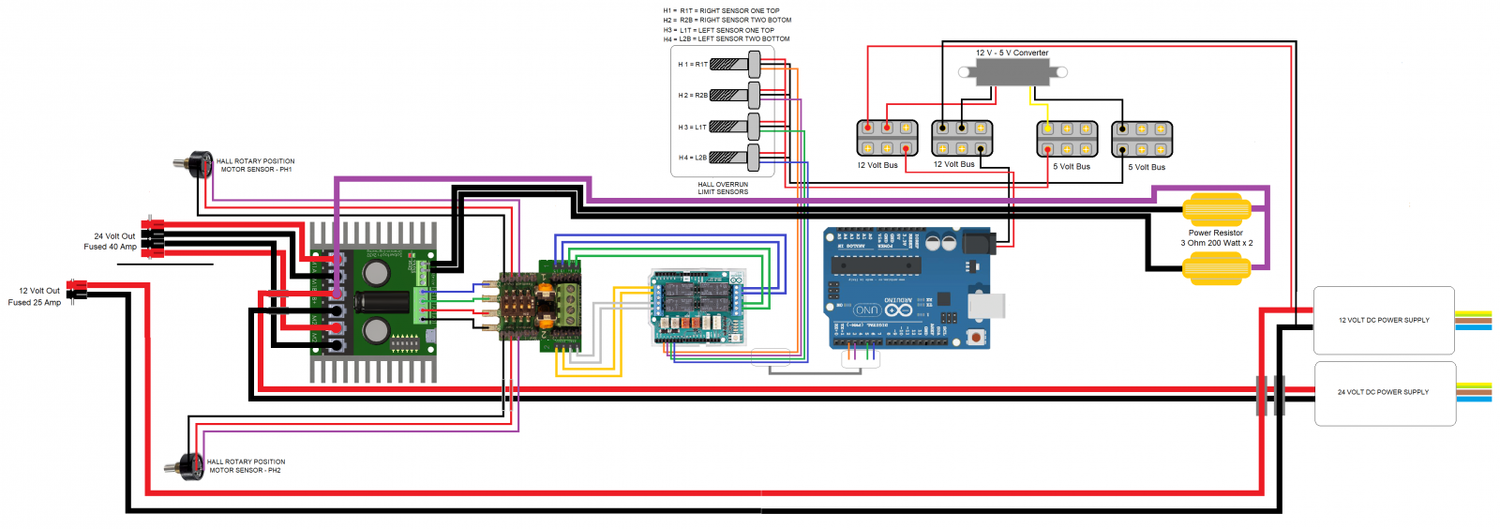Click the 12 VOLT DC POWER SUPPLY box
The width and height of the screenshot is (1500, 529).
click(1384, 321)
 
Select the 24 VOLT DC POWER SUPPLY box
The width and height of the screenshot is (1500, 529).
click(1384, 393)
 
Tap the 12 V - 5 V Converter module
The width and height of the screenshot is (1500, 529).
click(1012, 72)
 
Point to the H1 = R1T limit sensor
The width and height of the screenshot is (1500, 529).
click(735, 65)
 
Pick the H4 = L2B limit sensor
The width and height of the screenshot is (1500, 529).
click(735, 158)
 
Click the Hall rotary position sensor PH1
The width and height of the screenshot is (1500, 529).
click(194, 165)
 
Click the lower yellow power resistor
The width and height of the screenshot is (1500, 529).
click(1216, 269)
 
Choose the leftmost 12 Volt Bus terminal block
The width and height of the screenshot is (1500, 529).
click(887, 138)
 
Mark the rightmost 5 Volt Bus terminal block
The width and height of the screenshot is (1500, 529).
click(1142, 139)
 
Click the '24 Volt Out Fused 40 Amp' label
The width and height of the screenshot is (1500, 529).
click(111, 242)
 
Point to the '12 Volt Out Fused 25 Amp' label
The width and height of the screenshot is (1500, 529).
click(36, 296)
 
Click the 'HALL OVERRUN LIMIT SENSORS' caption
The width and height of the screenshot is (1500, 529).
click(723, 189)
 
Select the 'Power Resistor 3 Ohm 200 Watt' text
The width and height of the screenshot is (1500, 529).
click(1216, 238)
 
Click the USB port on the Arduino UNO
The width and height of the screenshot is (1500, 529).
click(986, 305)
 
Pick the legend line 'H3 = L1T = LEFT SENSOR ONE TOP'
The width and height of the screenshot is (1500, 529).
click(719, 30)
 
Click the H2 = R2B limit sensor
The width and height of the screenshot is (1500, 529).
click(735, 96)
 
